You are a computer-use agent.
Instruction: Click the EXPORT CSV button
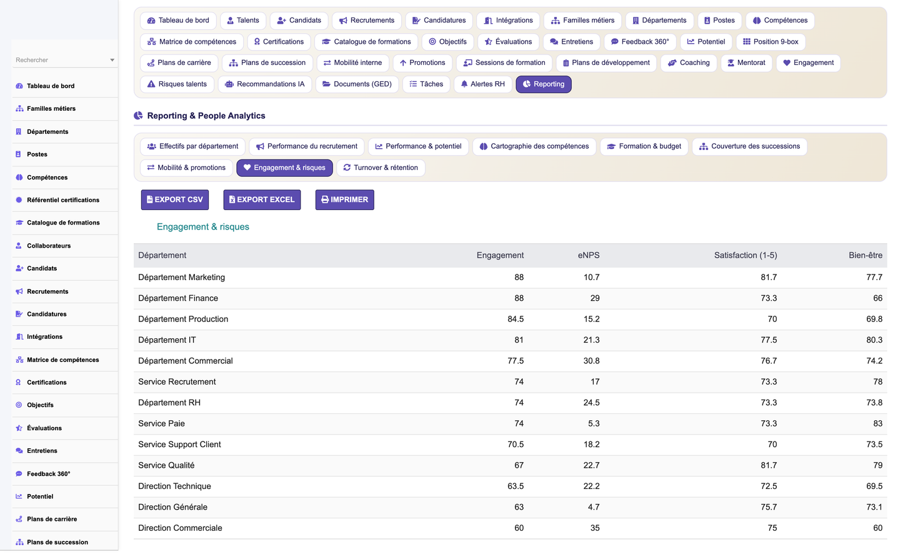[174, 199]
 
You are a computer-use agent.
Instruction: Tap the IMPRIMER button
[344, 199]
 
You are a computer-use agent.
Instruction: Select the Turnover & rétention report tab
[381, 168]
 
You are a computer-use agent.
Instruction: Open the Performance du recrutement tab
[306, 146]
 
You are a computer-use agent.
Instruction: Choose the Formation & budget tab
[644, 146]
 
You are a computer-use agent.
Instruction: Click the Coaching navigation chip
[689, 63]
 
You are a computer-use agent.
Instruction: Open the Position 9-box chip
[771, 41]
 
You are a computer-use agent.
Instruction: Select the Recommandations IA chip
[265, 84]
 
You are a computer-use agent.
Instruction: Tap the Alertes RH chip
[482, 84]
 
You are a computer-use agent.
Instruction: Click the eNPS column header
[589, 255]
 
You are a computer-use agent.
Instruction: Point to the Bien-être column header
[865, 255]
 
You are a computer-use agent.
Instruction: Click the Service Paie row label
[161, 423]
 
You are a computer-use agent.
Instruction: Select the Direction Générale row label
[172, 507]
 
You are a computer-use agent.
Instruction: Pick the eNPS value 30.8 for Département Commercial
[591, 361]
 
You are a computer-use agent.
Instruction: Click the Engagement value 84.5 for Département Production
[516, 319]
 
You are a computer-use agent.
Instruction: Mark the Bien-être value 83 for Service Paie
[877, 423]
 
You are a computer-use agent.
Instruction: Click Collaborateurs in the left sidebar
[49, 246]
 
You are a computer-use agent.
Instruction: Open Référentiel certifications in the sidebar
[63, 200]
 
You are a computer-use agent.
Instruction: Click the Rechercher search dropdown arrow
[112, 60]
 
